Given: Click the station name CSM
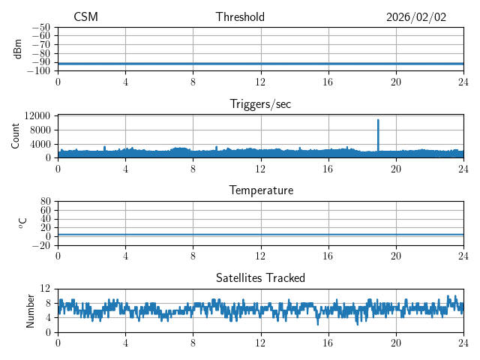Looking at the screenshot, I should coord(85,17).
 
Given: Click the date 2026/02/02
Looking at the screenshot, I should coord(416,17).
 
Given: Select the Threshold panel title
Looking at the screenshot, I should coord(240,17).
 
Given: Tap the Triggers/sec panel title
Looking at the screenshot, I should coord(260,104).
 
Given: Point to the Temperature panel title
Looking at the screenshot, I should coord(260,190).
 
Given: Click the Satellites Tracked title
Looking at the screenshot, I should coord(260,277).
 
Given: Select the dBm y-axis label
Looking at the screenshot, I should coord(18,49).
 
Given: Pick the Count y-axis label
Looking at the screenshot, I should coord(16,136).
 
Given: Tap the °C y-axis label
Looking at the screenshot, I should coord(22,223).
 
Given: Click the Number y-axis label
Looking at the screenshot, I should coord(31,310).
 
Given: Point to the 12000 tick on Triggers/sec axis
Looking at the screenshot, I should coord(37,115).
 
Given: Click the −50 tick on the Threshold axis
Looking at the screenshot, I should coord(41,27).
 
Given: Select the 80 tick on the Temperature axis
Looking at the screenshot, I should coord(46,201).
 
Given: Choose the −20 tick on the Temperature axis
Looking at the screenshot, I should coord(41,245).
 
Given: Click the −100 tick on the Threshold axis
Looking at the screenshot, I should coord(39,70).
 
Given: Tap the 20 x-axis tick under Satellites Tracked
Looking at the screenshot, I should coord(396,342).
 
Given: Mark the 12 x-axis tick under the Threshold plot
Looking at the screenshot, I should coord(260,81).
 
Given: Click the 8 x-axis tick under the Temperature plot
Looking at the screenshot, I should coord(193,255).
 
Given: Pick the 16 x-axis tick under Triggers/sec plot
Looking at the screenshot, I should coord(328,168).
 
